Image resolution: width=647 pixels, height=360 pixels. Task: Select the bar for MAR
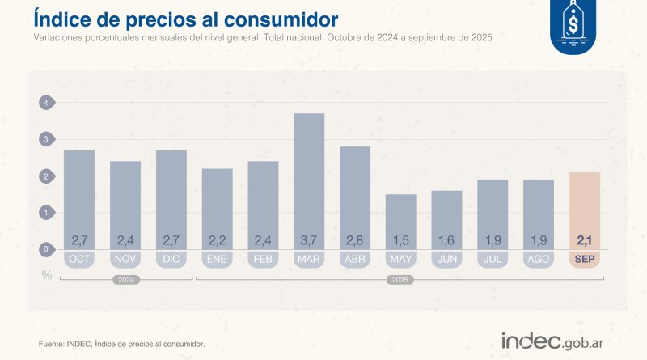click(x=309, y=178)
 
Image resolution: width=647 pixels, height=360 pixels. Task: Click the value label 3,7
click(x=309, y=239)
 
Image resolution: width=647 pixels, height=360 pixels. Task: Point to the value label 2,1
click(x=585, y=239)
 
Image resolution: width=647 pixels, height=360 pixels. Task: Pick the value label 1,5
click(x=401, y=239)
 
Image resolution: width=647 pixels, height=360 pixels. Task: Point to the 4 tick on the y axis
click(x=46, y=103)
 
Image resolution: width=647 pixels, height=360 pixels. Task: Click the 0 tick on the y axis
click(x=46, y=249)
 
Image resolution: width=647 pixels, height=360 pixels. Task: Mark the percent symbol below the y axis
click(x=46, y=275)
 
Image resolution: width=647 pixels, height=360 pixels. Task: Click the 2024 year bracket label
click(x=125, y=280)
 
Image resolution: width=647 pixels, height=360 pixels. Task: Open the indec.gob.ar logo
click(x=559, y=341)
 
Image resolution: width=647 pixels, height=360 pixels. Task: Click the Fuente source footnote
click(x=121, y=345)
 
